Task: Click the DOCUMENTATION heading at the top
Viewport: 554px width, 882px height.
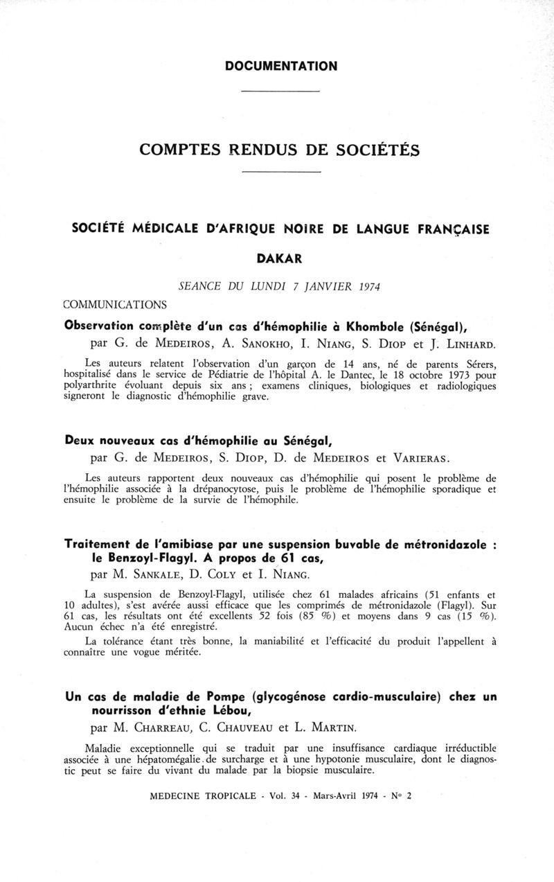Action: point(281,67)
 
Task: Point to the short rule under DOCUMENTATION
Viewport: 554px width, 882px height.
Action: point(280,91)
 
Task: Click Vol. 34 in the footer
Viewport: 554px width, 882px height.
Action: point(278,795)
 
